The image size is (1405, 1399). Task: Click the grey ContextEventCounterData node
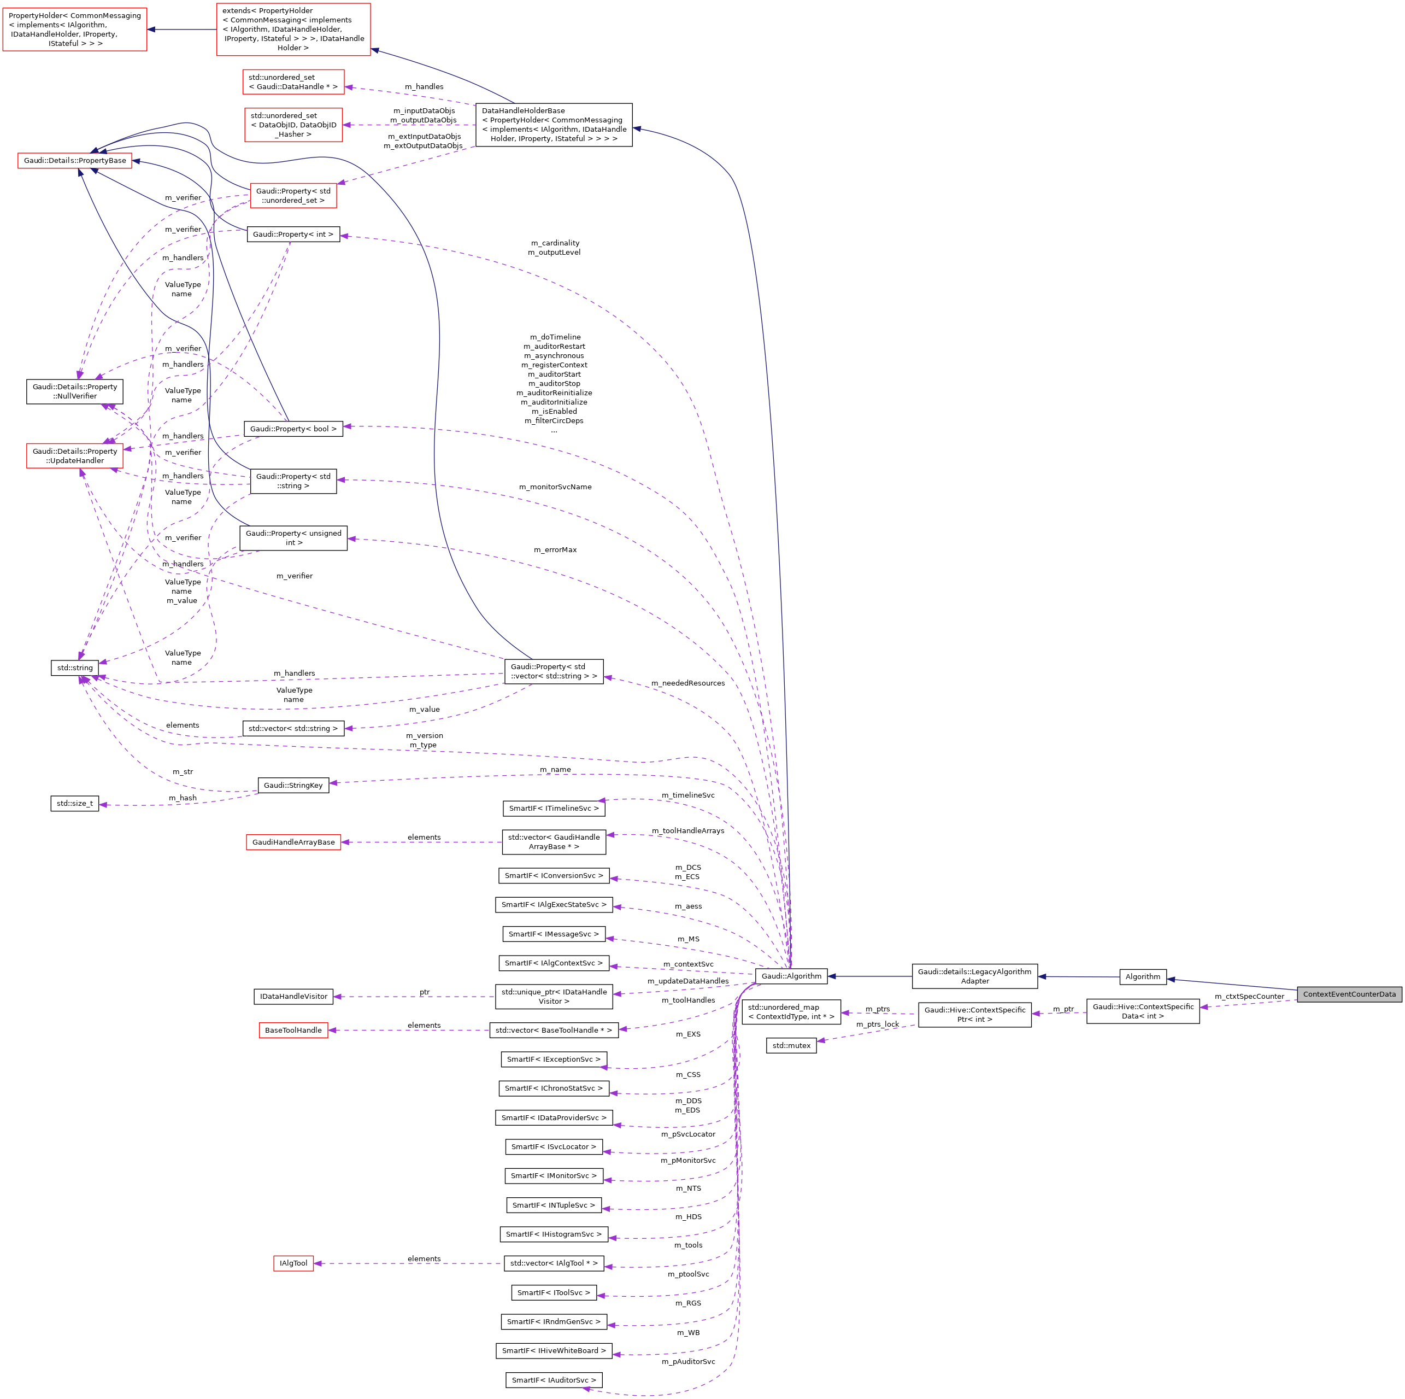[x=1349, y=994]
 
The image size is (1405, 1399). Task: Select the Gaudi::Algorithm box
[x=791, y=976]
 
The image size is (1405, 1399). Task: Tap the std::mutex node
[x=791, y=1045]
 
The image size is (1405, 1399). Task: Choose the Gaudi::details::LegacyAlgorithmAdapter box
[x=974, y=976]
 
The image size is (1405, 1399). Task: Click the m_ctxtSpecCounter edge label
[x=1249, y=997]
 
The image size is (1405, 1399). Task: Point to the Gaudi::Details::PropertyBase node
[x=75, y=160]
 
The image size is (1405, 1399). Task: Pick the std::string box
[x=75, y=668]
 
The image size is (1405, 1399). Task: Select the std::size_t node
[x=75, y=803]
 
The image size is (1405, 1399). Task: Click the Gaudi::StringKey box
[x=293, y=785]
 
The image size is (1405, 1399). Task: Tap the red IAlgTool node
[x=293, y=1263]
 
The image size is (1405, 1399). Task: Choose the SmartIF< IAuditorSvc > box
[x=554, y=1380]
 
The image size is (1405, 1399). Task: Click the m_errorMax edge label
[x=555, y=550]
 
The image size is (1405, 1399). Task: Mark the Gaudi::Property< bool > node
[x=293, y=429]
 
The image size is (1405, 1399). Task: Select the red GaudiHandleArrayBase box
[x=293, y=842]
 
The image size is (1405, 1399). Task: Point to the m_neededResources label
[x=687, y=683]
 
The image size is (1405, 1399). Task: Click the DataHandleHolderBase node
[x=554, y=125]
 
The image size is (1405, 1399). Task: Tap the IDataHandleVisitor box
[x=293, y=996]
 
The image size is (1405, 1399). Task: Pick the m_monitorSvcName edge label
[x=555, y=487]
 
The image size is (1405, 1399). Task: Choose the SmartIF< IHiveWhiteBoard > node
[x=554, y=1350]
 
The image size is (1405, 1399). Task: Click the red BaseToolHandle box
[x=293, y=1030]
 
